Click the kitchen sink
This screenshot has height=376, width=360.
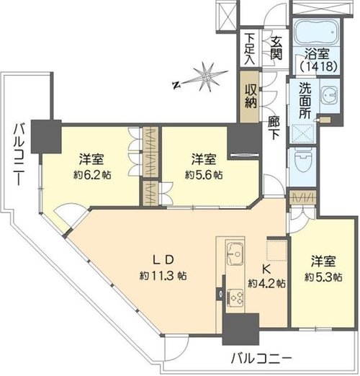(x=235, y=254)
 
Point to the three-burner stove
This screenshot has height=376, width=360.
(x=235, y=298)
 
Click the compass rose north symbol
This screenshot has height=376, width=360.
(x=176, y=85)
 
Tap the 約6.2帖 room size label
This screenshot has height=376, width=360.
(x=92, y=174)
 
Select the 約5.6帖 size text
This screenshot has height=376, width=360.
(x=204, y=174)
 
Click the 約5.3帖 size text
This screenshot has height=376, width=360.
(x=323, y=277)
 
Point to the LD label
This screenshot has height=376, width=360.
(x=163, y=260)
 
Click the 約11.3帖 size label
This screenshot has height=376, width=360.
(x=163, y=276)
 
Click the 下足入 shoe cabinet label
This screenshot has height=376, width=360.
(x=250, y=50)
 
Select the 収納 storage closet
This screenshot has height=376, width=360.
(x=250, y=97)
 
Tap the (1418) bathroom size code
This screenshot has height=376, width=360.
(x=317, y=66)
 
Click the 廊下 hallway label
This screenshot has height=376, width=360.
(x=274, y=128)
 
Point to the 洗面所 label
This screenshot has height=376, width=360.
(x=305, y=101)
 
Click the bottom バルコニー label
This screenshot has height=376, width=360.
(x=262, y=359)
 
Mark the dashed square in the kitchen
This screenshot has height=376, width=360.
(x=277, y=250)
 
